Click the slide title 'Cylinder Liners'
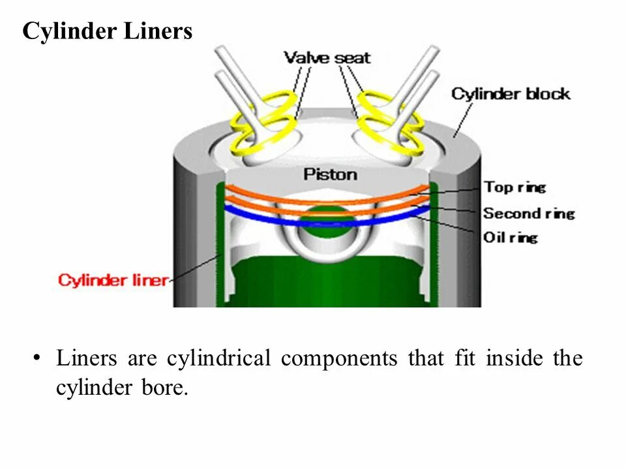coord(108,31)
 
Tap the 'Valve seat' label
coord(327,58)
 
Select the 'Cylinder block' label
coord(511,94)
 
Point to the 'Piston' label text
coord(330,175)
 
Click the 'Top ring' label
coord(514,188)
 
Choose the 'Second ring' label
coord(528,213)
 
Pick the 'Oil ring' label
coord(510,237)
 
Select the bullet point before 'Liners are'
coord(37,359)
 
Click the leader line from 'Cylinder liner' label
coord(196,267)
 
